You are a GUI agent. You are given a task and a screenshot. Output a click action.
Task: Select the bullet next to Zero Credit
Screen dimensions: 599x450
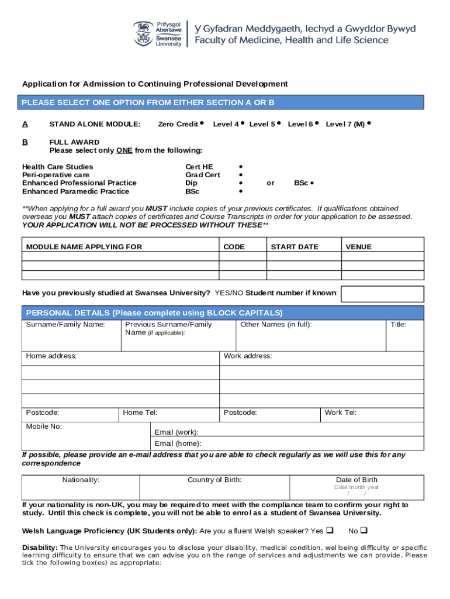click(201, 123)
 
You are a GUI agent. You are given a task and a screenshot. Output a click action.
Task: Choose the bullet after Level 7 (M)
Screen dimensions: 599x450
click(370, 123)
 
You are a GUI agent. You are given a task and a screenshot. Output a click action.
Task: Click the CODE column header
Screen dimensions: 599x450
click(234, 247)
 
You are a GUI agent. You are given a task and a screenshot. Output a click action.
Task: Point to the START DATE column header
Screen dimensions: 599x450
click(294, 247)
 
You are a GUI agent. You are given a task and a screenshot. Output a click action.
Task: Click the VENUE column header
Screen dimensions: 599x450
click(358, 247)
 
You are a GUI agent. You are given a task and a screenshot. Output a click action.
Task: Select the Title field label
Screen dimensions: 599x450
click(398, 325)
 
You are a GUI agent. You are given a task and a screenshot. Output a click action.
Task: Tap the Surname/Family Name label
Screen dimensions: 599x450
click(65, 325)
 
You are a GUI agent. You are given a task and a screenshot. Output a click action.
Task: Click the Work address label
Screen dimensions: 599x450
click(248, 356)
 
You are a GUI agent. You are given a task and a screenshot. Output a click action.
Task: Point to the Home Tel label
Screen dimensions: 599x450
click(140, 412)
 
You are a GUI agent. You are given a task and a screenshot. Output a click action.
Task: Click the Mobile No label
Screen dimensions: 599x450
click(44, 426)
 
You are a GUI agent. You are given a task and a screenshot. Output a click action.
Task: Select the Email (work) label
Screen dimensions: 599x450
click(176, 432)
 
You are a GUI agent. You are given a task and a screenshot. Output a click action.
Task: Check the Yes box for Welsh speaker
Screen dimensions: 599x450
click(329, 531)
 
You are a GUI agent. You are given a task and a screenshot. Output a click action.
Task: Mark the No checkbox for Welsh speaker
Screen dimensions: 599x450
click(363, 531)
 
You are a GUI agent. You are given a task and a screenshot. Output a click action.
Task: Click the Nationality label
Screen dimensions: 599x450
click(81, 480)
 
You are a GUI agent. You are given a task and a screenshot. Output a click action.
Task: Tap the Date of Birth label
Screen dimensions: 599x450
click(356, 480)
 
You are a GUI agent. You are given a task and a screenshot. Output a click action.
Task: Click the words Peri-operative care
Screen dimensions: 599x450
click(56, 175)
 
